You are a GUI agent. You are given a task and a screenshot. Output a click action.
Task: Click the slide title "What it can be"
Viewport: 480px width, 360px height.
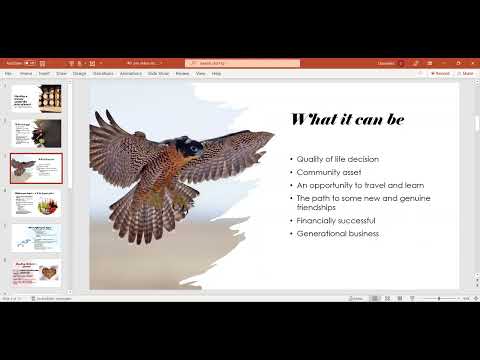(347, 119)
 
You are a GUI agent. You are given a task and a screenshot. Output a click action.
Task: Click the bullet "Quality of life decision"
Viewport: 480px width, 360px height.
(337, 159)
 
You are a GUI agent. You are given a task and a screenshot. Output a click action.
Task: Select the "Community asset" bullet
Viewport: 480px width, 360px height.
(328, 172)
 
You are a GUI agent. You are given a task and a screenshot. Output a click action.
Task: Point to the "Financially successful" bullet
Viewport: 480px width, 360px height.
(335, 220)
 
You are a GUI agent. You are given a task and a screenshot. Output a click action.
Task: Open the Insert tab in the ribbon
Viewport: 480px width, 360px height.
(43, 73)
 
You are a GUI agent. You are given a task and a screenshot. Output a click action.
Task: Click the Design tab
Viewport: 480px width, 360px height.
(79, 73)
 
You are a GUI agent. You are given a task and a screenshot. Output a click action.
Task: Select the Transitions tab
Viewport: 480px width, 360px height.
(103, 73)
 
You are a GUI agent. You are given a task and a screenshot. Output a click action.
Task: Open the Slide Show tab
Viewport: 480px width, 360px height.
(158, 73)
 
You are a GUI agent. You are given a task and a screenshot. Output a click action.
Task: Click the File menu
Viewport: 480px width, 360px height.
(8, 73)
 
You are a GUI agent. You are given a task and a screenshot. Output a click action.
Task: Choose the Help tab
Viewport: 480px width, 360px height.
(216, 73)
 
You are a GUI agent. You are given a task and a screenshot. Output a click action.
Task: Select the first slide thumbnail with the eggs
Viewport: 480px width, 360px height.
(37, 97)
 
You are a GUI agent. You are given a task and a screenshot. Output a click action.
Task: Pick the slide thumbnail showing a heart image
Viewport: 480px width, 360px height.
(37, 273)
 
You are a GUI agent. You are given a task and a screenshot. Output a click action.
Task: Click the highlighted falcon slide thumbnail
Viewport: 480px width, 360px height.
(37, 167)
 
